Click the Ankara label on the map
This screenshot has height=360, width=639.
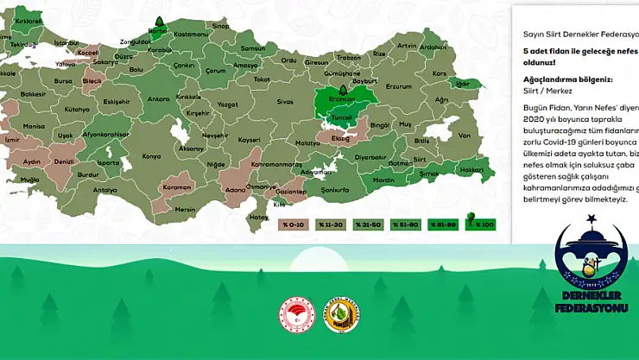[159, 98]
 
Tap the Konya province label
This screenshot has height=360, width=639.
[151, 156]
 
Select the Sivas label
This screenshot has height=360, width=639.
[285, 101]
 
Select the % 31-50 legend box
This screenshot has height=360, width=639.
[369, 224]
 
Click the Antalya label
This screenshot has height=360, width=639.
[105, 189]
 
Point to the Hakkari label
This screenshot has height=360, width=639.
[472, 170]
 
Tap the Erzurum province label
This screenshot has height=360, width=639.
[399, 86]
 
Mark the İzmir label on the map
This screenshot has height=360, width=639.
[11, 139]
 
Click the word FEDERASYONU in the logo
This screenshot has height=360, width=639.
[592, 308]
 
